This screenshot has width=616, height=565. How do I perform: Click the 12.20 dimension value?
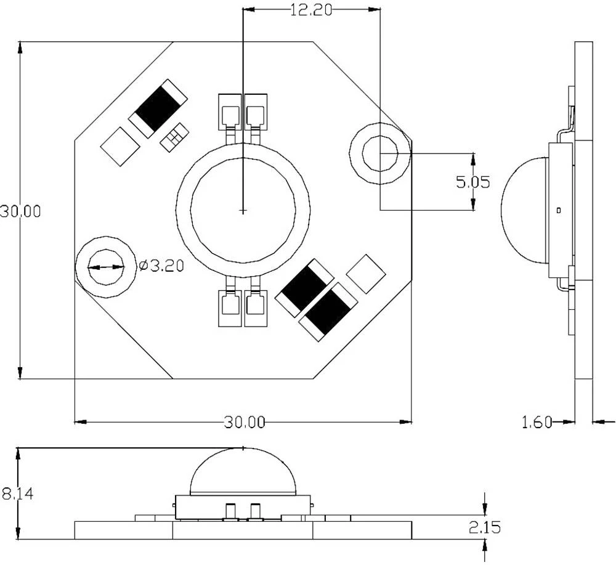click(311, 10)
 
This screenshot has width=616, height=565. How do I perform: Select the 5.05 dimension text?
click(472, 182)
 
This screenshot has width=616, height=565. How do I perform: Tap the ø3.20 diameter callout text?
click(161, 266)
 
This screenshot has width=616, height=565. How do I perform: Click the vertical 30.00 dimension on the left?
click(20, 211)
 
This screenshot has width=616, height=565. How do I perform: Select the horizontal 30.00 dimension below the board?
click(244, 423)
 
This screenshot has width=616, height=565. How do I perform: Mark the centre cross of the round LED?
click(243, 211)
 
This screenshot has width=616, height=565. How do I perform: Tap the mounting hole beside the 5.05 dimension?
click(380, 152)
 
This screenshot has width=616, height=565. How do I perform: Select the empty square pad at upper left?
click(120, 145)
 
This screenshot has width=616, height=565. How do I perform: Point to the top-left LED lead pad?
click(230, 115)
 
